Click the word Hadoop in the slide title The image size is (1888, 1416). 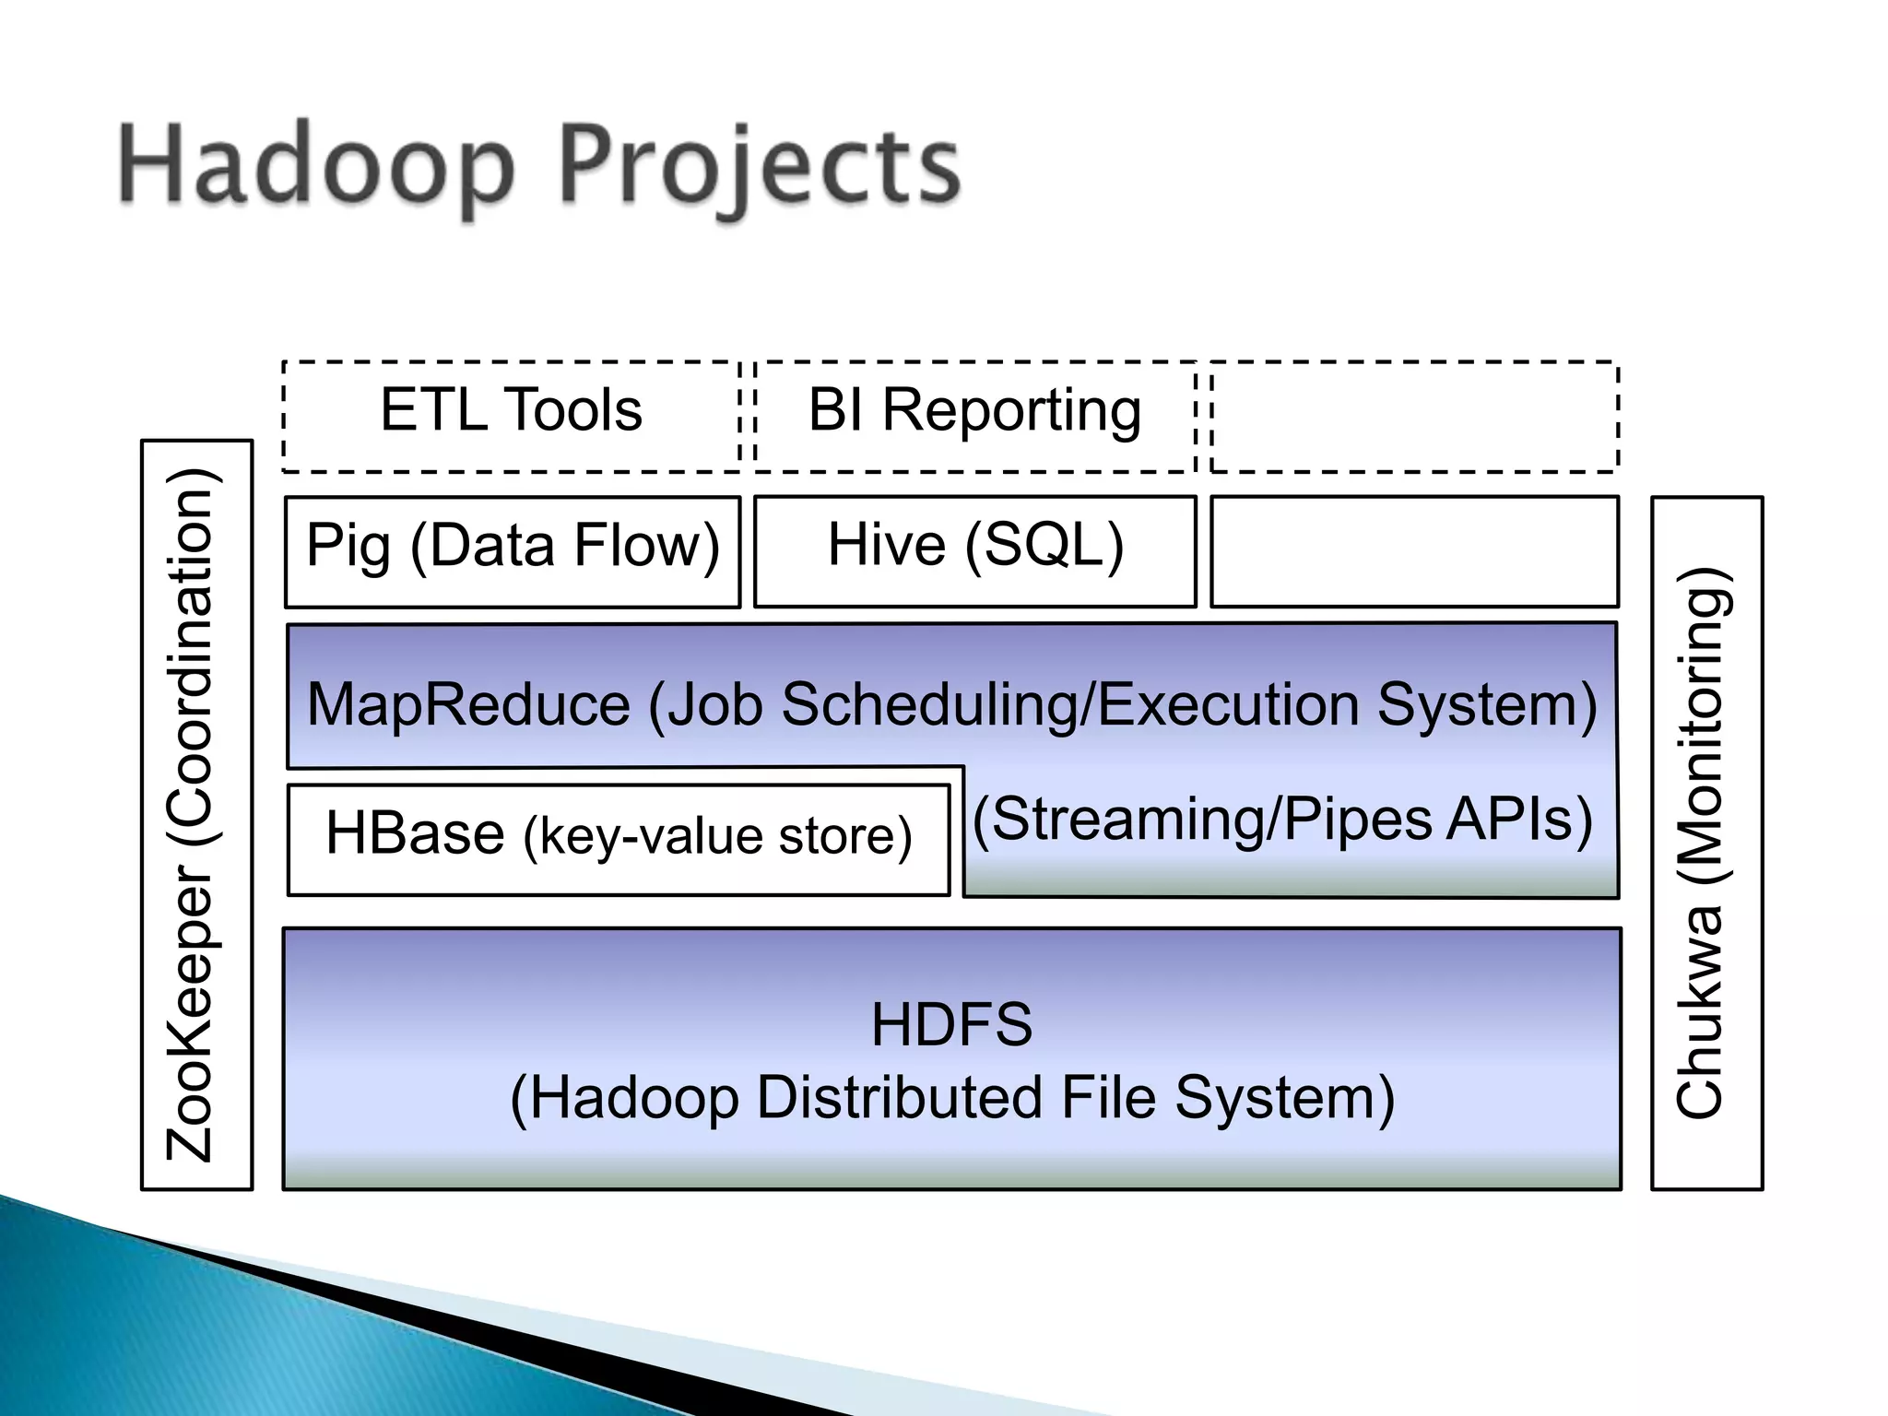pos(315,169)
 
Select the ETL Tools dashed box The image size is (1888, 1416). pos(512,416)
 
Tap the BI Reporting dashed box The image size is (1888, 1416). pos(974,416)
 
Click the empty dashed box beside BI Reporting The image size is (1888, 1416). pos(1414,416)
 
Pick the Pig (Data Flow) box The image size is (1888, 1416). pos(513,550)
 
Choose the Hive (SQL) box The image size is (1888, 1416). pos(974,550)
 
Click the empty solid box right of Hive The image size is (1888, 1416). pos(1414,550)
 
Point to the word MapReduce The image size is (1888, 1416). pos(468,705)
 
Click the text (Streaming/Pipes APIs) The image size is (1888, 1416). pos(1282,820)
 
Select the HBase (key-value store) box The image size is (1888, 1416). pos(619,838)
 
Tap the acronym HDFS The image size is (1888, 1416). pos(951,1024)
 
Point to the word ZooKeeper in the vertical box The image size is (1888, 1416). pos(190,1013)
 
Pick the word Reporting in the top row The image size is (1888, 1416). pos(1011,411)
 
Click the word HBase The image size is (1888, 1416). pos(415,833)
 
